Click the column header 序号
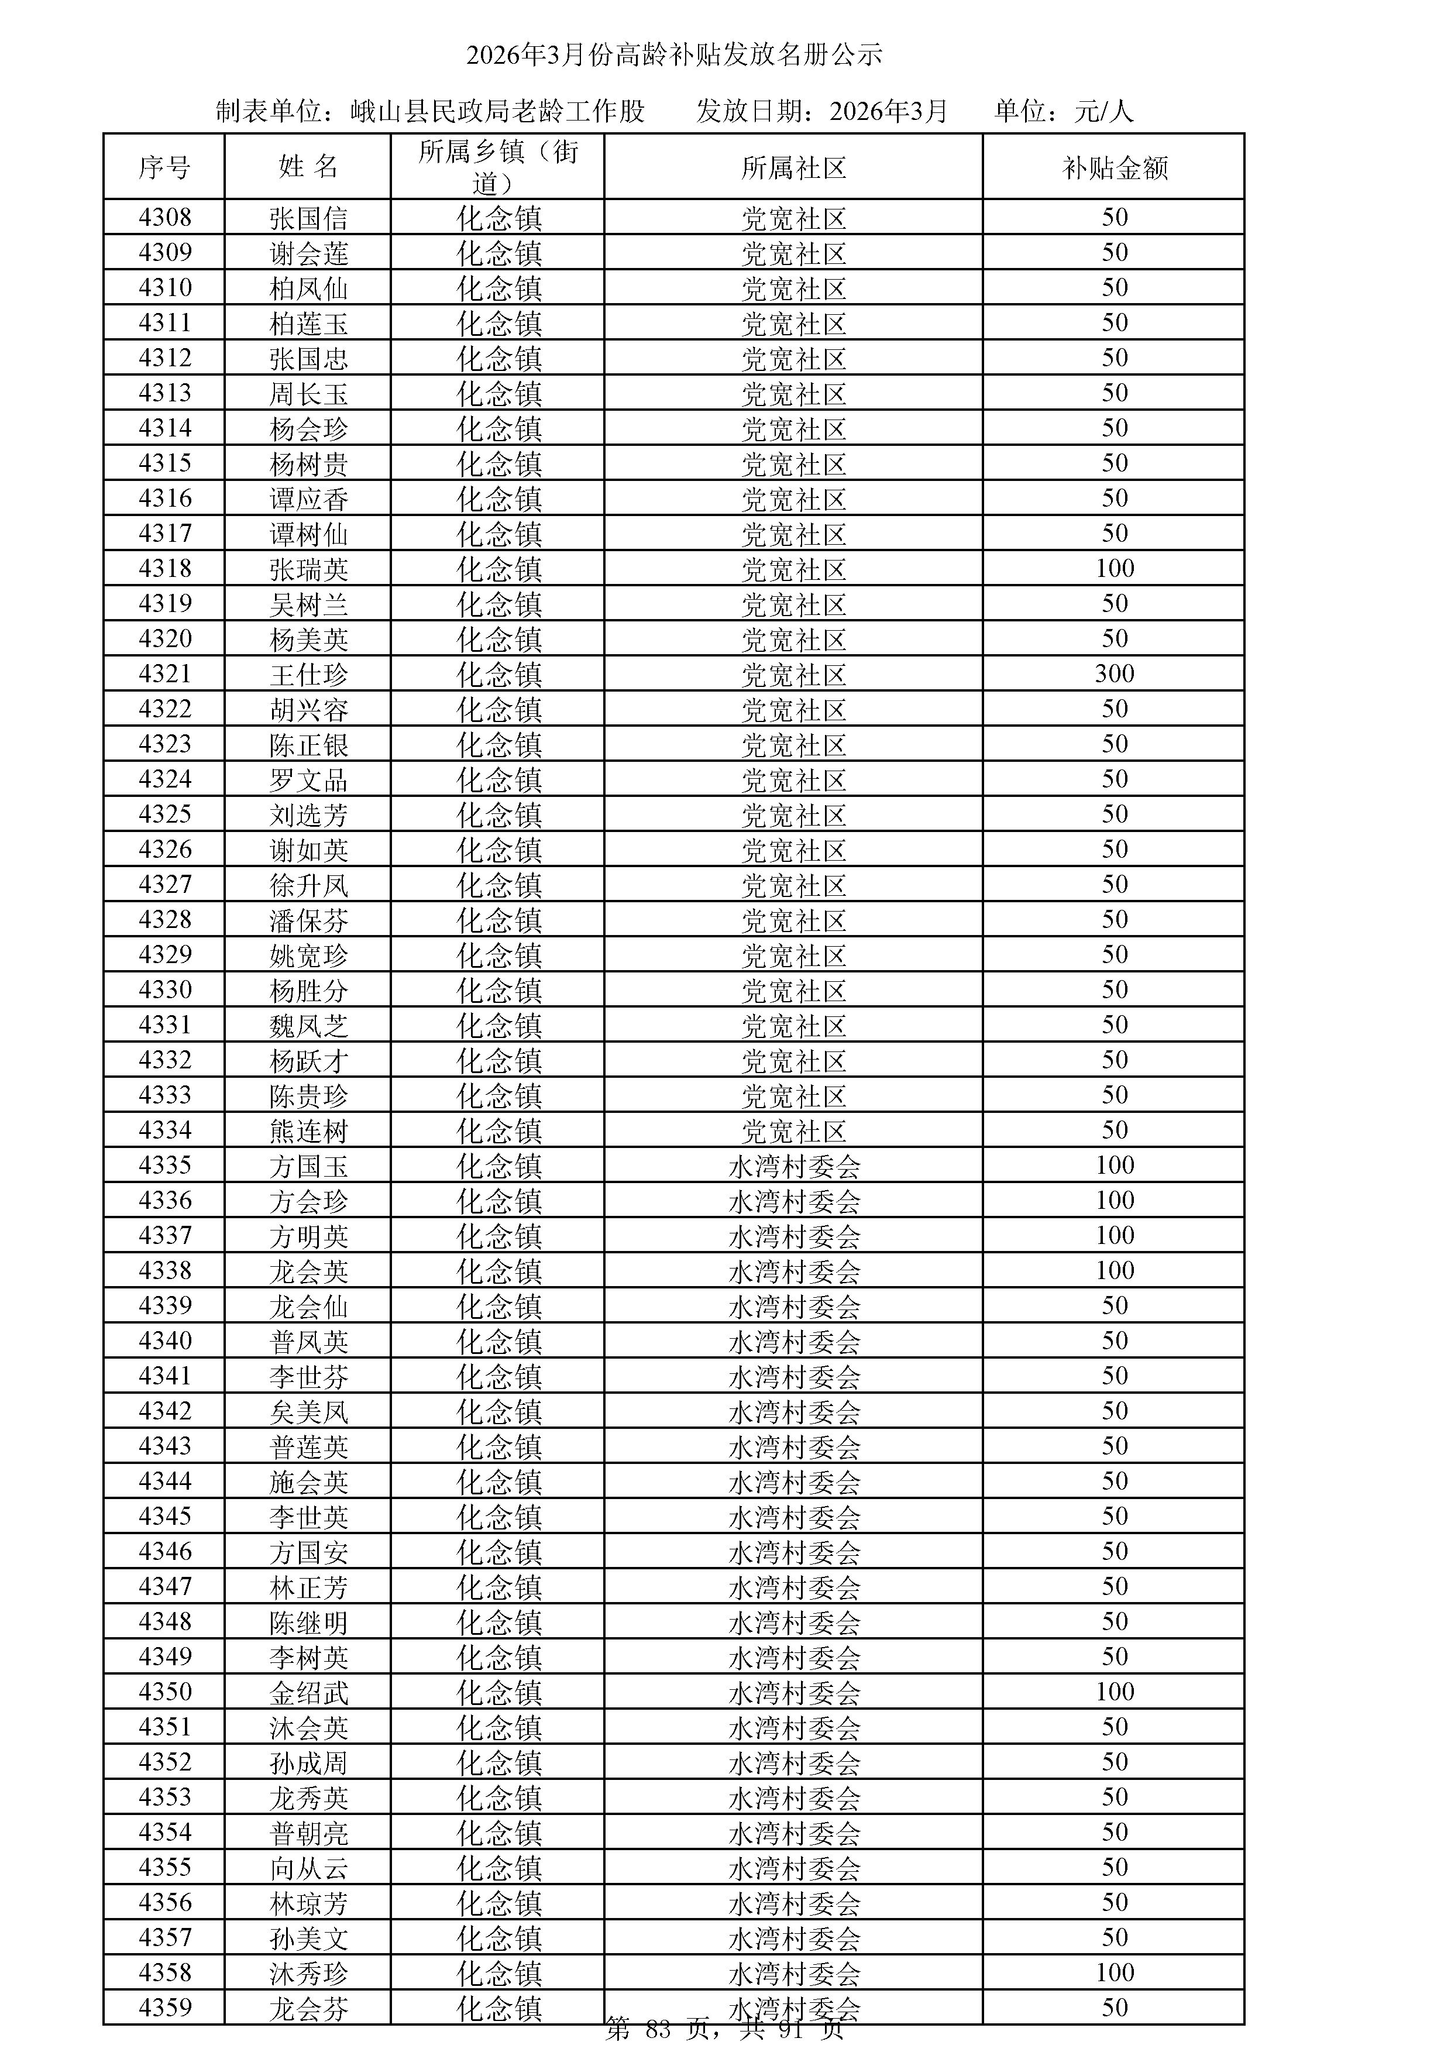[164, 167]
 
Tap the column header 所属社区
[793, 167]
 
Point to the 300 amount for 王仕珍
[1114, 674]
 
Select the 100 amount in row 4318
[1114, 568]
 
